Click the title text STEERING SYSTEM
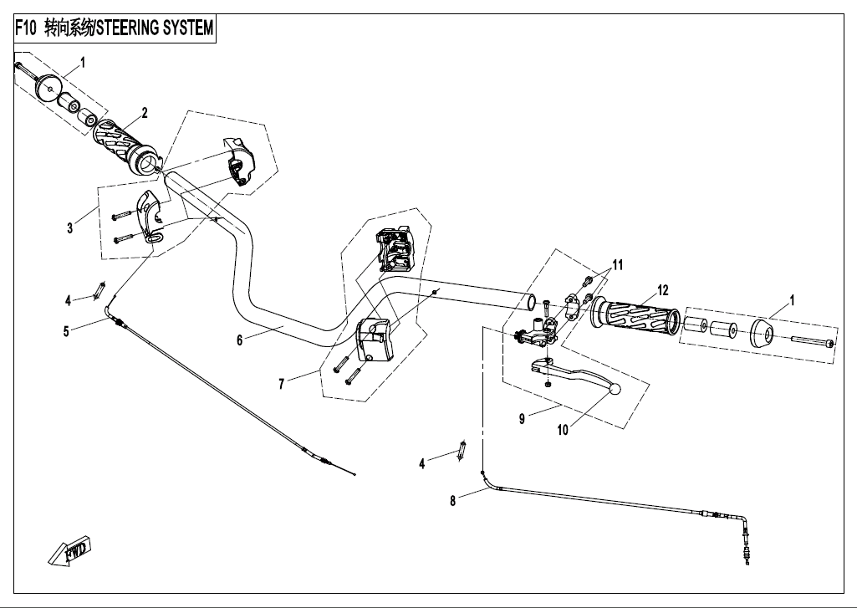click(156, 28)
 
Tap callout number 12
click(662, 290)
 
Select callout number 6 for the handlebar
click(239, 340)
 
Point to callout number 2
click(144, 112)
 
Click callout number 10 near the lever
click(563, 430)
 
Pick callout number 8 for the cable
click(453, 502)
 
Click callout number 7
click(282, 383)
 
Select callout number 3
click(70, 227)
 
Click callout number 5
click(66, 330)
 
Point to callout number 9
click(522, 419)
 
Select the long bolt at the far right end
click(810, 343)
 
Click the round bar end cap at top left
click(48, 88)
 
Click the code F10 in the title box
click(28, 28)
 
